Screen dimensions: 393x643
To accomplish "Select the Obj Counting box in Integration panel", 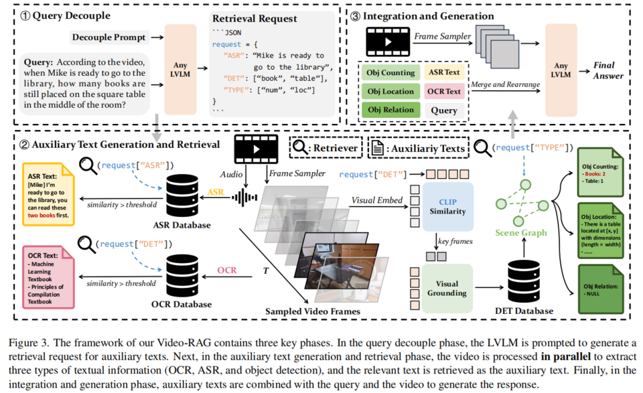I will pyautogui.click(x=391, y=72).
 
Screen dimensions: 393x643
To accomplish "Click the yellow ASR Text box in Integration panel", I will pyautogui.click(x=443, y=72).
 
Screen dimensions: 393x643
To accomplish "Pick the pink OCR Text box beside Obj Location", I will pyautogui.click(x=443, y=91).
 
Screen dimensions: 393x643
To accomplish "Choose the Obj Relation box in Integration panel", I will pyautogui.click(x=391, y=110).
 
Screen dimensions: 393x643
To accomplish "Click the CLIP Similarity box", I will pyautogui.click(x=447, y=206).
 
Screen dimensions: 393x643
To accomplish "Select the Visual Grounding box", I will pyautogui.click(x=447, y=288).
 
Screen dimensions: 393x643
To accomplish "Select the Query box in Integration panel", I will pyautogui.click(x=443, y=110).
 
